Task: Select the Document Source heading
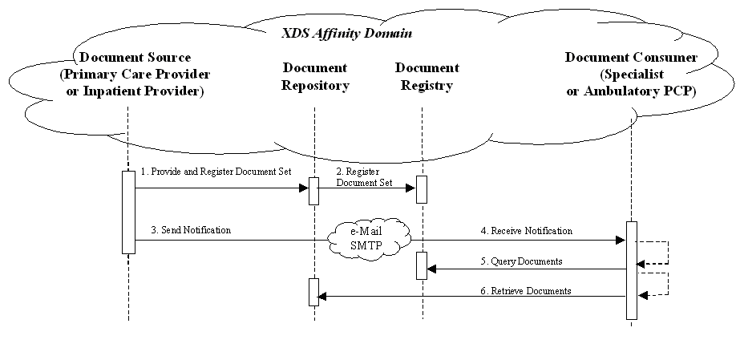[135, 57]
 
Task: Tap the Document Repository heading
[314, 77]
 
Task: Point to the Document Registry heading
[427, 77]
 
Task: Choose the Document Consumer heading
[631, 58]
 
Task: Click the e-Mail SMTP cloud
[370, 238]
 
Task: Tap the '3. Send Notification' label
[191, 230]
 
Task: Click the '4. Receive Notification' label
[526, 231]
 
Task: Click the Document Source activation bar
[128, 212]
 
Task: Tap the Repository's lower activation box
[314, 292]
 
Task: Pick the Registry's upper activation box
[422, 189]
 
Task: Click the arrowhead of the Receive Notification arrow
[621, 240]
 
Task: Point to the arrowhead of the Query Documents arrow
[432, 269]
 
